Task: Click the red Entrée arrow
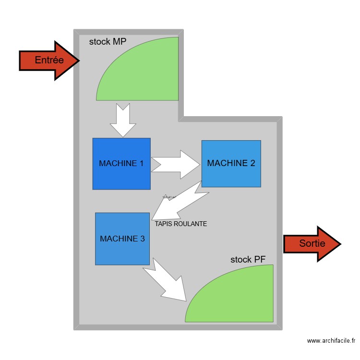[x=48, y=60]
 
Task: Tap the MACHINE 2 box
[x=231, y=175]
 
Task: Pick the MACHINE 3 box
[x=122, y=252]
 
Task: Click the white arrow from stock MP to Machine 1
[x=123, y=120]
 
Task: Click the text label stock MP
[x=108, y=42]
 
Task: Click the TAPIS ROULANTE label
[x=181, y=224]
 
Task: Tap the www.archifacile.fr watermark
[x=331, y=341]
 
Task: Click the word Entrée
[x=49, y=60]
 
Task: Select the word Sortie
[x=312, y=243]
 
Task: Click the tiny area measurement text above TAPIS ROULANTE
[x=169, y=197]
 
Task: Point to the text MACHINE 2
[x=231, y=163]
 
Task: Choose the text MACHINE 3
[x=122, y=238]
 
